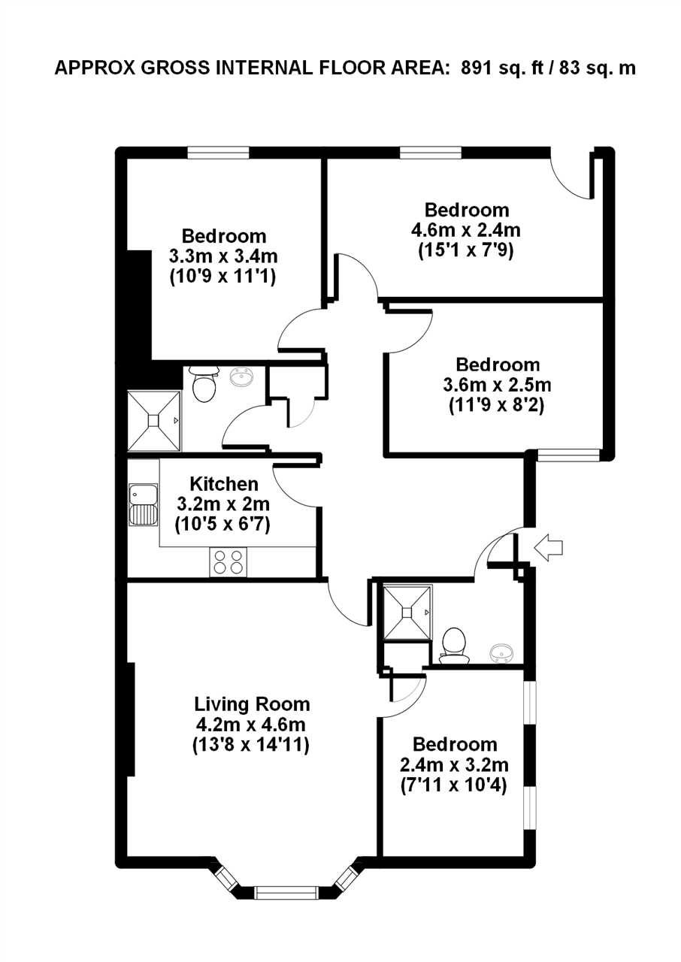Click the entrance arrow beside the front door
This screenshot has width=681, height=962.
coord(548,548)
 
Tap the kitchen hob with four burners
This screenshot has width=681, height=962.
coord(228,562)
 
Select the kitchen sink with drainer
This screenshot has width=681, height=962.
coord(144,505)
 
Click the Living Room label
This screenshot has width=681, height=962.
coord(252,704)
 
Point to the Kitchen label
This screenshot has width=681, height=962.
coord(224,484)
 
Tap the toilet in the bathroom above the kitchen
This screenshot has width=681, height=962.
coord(204,384)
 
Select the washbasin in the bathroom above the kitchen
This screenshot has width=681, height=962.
coord(242,377)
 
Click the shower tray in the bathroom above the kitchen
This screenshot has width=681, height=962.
coord(154,420)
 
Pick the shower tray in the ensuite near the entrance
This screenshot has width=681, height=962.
coord(406,613)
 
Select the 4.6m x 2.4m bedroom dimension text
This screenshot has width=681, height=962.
coord(466,231)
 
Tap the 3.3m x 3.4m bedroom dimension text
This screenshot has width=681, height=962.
coord(223,256)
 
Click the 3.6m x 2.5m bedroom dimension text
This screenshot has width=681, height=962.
coord(497,385)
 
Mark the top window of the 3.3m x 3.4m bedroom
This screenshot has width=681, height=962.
coord(219,153)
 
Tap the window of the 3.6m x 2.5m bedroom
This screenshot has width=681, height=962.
coord(568,455)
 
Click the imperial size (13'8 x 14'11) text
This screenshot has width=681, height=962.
coord(251,745)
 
